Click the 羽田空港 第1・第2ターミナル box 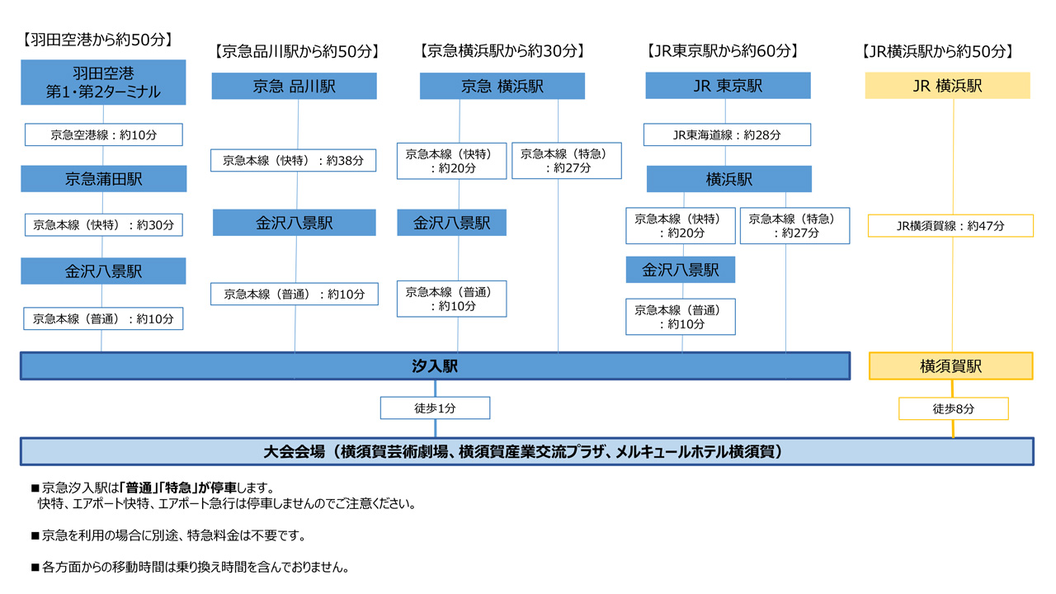[103, 82]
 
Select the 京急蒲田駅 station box [104, 179]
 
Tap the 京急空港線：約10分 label [104, 134]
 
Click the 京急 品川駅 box [295, 86]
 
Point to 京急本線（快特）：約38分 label [293, 160]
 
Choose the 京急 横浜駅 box [502, 86]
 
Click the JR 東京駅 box [728, 85]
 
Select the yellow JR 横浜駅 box [948, 85]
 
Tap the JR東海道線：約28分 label [727, 134]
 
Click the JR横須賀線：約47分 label [950, 226]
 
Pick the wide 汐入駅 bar [435, 365]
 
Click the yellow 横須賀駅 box [951, 365]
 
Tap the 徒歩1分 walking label [435, 408]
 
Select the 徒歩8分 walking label [953, 408]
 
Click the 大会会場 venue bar [527, 451]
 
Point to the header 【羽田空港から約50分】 [97, 40]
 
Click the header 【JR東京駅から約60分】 [724, 51]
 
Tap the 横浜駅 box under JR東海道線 [729, 179]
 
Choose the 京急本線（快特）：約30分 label [104, 225]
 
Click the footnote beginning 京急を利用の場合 [169, 535]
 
